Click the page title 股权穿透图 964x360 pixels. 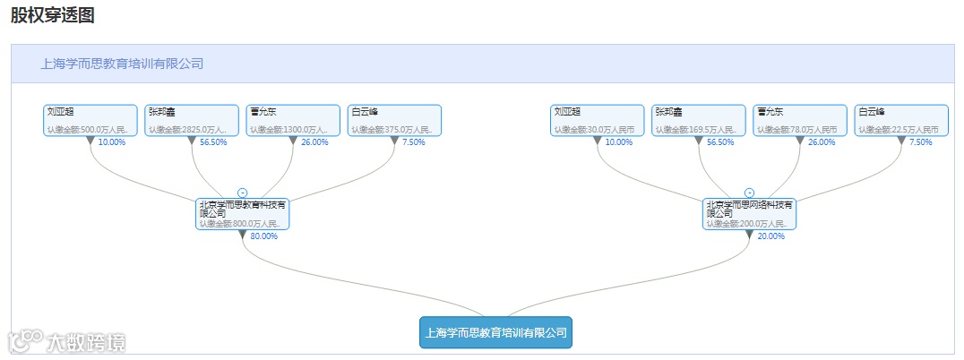pos(53,15)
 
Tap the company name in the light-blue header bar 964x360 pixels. pos(123,64)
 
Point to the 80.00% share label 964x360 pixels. pos(263,236)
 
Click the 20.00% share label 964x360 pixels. pos(770,236)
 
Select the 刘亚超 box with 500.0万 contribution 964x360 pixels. pos(90,120)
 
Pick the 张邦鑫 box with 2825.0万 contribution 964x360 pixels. pos(192,120)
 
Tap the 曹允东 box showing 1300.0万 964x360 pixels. pos(293,120)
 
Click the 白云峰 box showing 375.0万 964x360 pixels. pos(395,120)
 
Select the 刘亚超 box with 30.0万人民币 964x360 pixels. pos(597,120)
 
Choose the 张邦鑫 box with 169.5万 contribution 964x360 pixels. pos(698,120)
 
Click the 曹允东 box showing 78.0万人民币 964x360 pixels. pos(799,120)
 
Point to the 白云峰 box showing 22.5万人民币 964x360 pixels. pos(900,120)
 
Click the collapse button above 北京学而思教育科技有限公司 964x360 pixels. pos(242,193)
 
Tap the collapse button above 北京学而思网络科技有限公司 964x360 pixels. pos(749,193)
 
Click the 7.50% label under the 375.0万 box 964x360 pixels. pos(414,142)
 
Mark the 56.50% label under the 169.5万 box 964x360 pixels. pos(720,142)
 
